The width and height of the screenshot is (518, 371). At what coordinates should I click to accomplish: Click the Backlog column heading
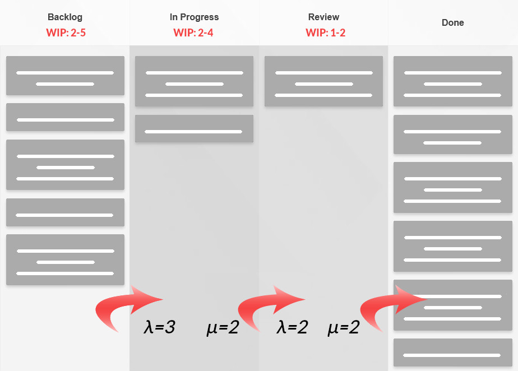[x=66, y=17]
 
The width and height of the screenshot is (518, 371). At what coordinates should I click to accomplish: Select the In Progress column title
[x=194, y=17]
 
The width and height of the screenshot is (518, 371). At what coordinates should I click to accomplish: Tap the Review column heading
[x=323, y=17]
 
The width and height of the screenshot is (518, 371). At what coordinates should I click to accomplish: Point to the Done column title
[x=453, y=23]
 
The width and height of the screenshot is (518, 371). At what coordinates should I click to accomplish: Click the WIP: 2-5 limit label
[x=66, y=33]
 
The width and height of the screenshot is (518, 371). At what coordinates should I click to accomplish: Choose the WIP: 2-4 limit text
[x=193, y=33]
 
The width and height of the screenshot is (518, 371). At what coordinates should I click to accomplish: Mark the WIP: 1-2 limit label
[x=325, y=33]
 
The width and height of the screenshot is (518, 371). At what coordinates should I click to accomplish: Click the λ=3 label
[x=160, y=327]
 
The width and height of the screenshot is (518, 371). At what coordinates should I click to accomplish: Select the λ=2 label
[x=292, y=327]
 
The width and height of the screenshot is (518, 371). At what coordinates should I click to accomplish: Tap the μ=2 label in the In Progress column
[x=223, y=327]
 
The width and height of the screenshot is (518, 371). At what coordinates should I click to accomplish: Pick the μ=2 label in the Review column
[x=343, y=327]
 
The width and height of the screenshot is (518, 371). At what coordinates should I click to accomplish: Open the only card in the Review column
[x=323, y=81]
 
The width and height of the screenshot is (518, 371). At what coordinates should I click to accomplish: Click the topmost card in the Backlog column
[x=65, y=76]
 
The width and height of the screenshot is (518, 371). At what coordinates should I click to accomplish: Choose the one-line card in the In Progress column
[x=194, y=129]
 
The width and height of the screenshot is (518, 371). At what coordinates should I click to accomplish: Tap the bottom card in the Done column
[x=453, y=353]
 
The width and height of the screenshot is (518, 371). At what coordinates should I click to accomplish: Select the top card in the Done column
[x=453, y=81]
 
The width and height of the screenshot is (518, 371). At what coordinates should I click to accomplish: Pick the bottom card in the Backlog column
[x=65, y=259]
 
